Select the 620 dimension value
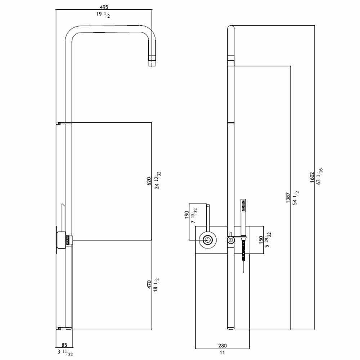tap(149, 181)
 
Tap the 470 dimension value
tap(149, 285)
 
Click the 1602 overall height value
tap(312, 177)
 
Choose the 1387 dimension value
tap(288, 198)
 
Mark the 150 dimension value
tap(261, 240)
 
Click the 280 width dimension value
tap(222, 346)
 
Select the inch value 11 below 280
tap(222, 353)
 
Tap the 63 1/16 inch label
tap(319, 176)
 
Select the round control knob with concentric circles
tap(208, 240)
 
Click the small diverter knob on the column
tap(230, 239)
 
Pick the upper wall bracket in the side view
tap(60, 123)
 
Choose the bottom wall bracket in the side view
tap(60, 328)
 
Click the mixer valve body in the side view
tap(66, 240)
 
